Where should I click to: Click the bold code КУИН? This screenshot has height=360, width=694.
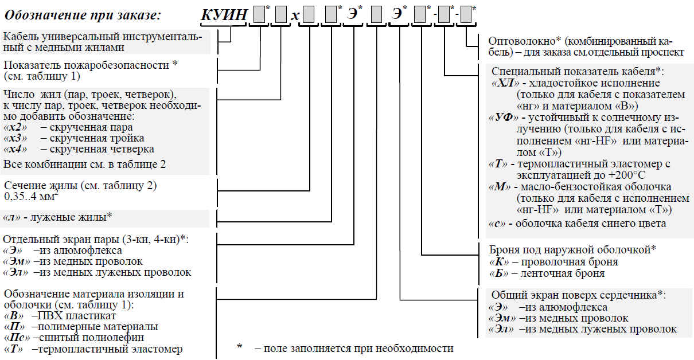[x=224, y=15]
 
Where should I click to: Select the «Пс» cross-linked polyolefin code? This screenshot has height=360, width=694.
[x=17, y=338]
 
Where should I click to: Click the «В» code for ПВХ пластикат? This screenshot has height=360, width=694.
[x=14, y=316]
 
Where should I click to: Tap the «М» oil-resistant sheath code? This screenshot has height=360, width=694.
[x=497, y=187]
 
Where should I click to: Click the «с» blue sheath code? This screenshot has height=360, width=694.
[x=495, y=224]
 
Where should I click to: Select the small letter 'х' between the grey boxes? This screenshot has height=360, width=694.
[x=294, y=16]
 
